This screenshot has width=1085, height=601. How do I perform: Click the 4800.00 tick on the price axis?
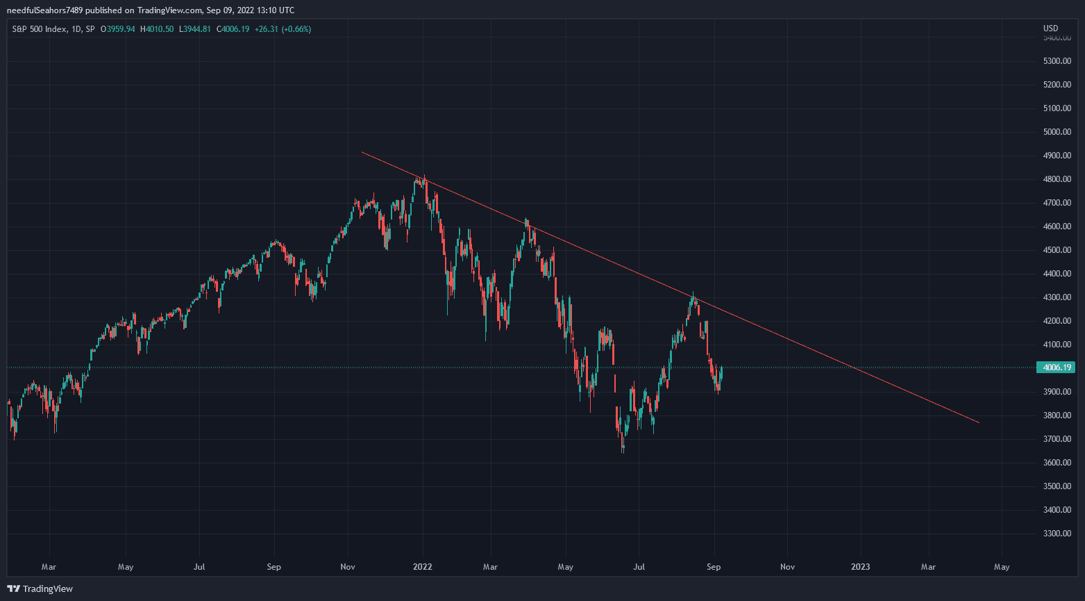1057,179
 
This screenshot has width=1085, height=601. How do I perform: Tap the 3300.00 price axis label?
1057,534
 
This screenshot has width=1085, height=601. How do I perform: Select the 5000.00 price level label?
1057,132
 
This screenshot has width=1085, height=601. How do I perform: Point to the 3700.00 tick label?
1057,439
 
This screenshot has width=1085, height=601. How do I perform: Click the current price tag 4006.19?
1054,368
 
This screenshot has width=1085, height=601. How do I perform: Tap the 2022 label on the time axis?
422,567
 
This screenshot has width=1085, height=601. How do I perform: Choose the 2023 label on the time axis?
860,567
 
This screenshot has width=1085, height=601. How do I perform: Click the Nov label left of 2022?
348,567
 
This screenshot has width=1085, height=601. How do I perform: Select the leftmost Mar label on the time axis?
49,567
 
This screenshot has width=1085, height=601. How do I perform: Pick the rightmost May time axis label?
1002,567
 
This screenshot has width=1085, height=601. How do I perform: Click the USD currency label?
1050,28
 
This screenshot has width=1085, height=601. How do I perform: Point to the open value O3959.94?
117,29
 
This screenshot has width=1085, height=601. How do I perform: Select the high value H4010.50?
157,29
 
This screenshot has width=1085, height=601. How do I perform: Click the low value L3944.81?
195,29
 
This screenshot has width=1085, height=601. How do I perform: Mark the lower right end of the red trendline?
979,422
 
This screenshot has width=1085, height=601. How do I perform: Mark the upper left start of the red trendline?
362,152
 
